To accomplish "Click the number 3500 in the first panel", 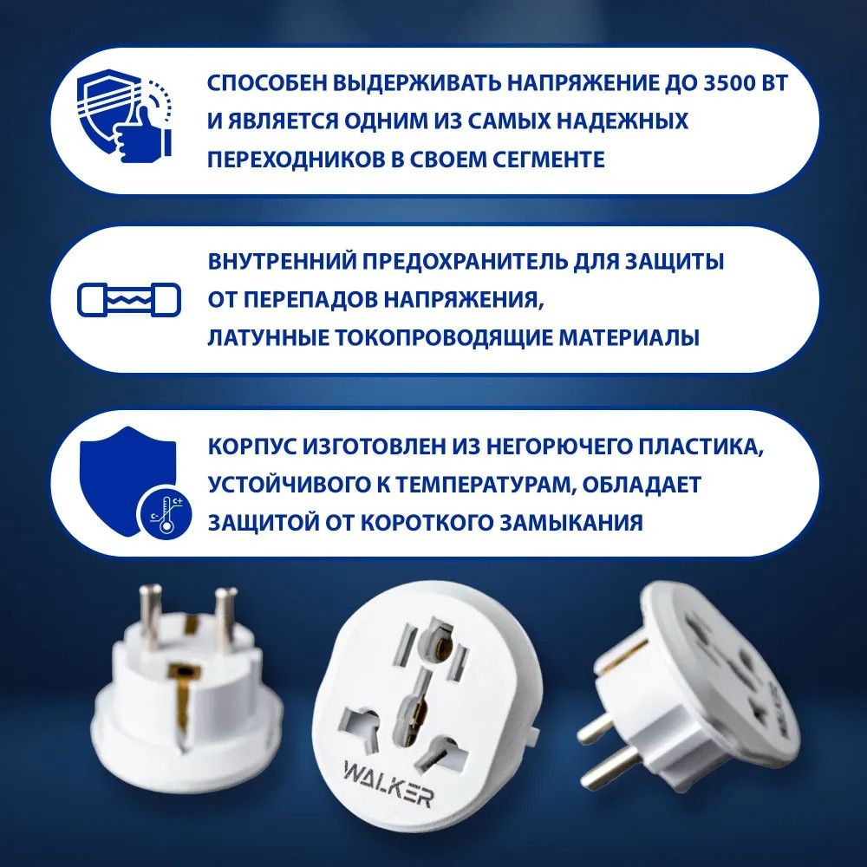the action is [x=725, y=83].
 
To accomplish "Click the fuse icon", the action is [x=129, y=300].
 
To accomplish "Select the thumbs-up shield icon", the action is [x=124, y=115].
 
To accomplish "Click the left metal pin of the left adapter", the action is [x=149, y=616].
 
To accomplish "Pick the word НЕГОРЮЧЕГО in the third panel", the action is [x=558, y=447].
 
